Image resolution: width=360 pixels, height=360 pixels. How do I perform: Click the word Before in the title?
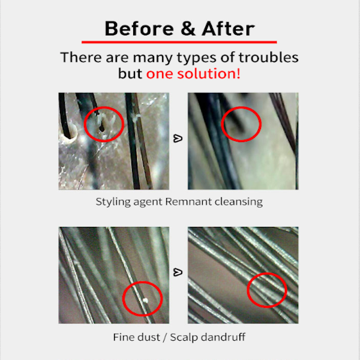(139, 28)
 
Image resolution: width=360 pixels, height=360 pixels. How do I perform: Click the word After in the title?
(228, 28)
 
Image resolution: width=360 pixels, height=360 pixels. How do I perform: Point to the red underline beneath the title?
(179, 42)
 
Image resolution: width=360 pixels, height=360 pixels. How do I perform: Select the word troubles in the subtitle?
(269, 57)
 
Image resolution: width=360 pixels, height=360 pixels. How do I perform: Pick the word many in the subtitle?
(152, 58)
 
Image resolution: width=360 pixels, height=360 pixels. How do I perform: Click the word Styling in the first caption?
(113, 202)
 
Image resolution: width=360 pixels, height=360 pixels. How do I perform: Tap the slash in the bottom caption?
(165, 337)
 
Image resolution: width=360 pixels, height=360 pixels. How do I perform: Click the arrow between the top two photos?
(178, 139)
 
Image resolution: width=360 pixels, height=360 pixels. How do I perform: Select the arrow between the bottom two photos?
(178, 272)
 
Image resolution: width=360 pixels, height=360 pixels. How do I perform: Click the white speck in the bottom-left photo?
(145, 300)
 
